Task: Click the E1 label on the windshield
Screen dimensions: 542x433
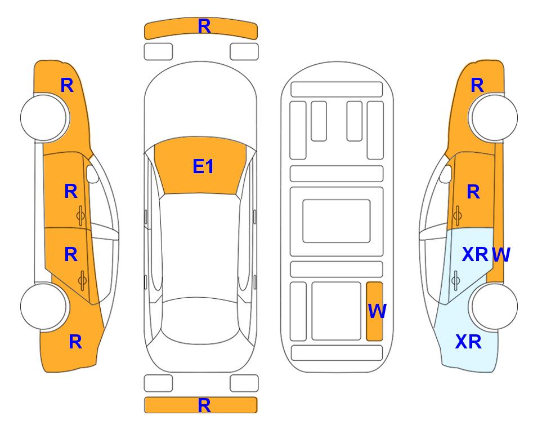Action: [203, 166]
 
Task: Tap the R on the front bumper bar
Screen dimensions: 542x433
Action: [204, 26]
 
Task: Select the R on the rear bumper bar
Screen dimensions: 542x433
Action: [204, 405]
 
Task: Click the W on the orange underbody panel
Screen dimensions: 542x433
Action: [377, 311]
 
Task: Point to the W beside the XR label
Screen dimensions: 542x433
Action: [501, 255]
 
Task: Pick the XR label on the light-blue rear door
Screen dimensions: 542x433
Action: [475, 255]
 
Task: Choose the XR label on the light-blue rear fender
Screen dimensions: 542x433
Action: [468, 342]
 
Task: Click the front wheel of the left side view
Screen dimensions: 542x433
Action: [44, 117]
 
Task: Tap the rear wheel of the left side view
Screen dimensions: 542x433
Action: [44, 307]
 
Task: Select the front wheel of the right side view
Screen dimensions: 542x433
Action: [494, 117]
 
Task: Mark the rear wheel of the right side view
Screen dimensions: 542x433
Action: [494, 307]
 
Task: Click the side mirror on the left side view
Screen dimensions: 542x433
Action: [92, 174]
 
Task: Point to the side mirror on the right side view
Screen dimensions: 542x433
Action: [446, 174]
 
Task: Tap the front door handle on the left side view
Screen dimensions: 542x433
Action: [81, 216]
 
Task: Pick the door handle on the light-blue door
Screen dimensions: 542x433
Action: [455, 281]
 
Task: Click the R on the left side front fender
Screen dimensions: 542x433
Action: [67, 85]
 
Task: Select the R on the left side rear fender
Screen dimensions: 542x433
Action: [75, 342]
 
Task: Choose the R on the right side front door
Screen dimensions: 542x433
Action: [473, 192]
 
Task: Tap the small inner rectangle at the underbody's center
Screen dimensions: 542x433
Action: [337, 221]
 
